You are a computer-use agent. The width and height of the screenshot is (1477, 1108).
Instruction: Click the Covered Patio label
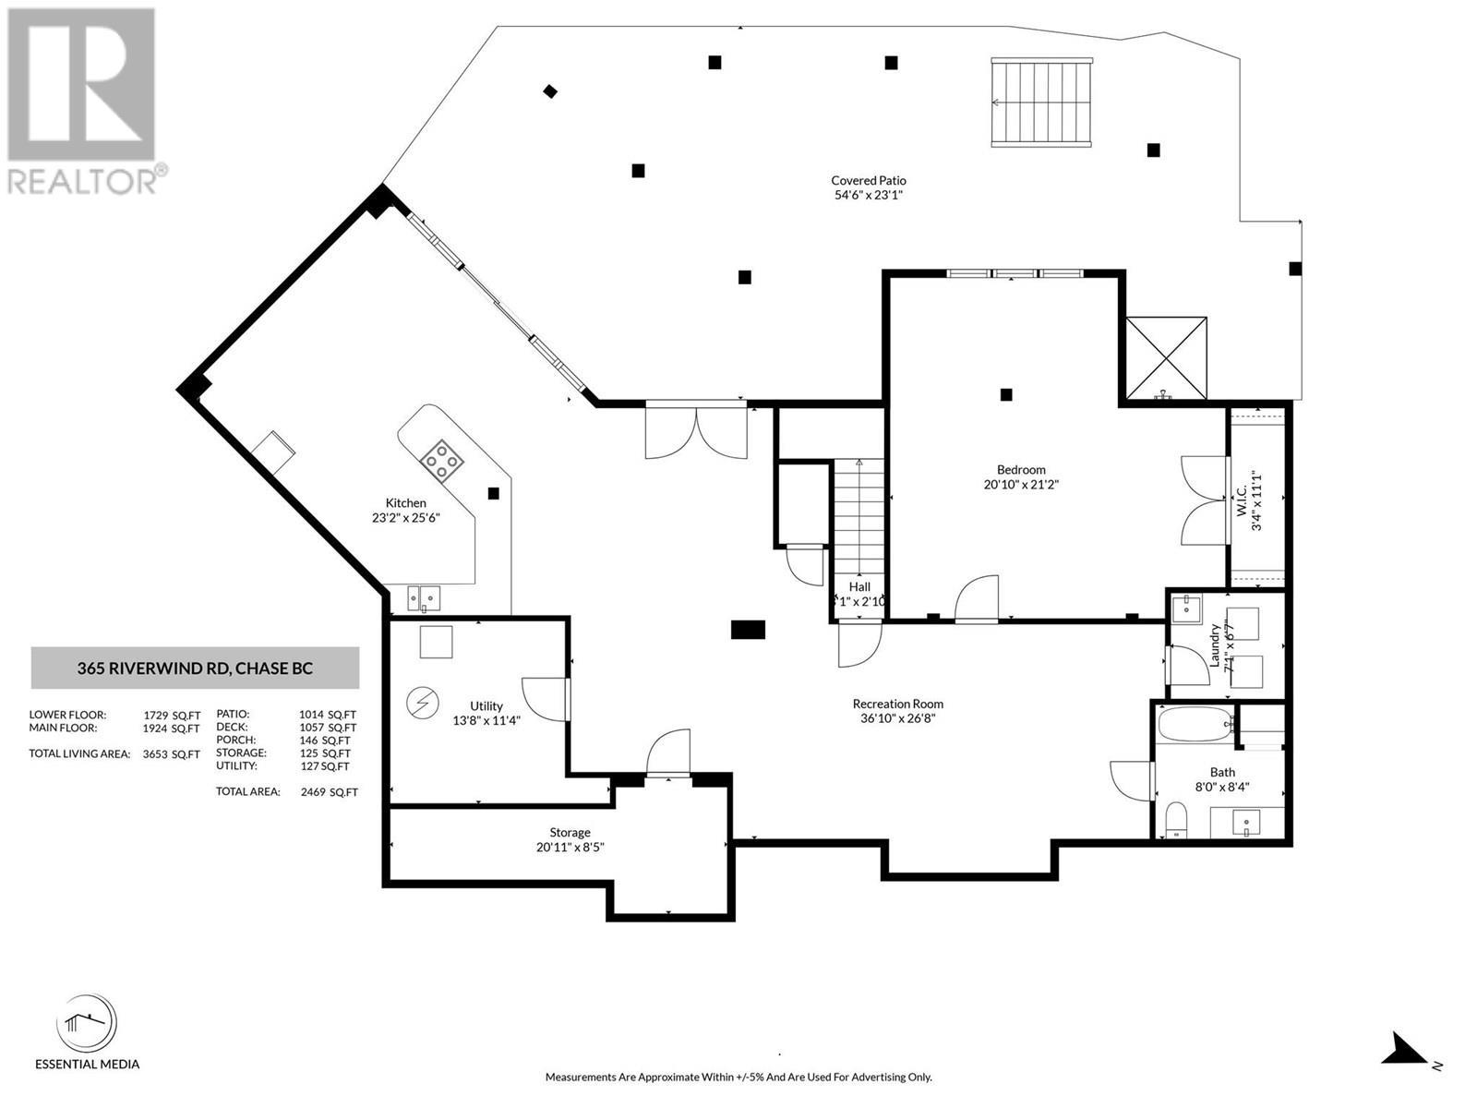pos(868,181)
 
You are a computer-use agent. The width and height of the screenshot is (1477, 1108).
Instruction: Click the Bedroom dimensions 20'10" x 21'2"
pos(1020,484)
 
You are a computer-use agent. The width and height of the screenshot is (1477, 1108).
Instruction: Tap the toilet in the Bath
pos(1176,820)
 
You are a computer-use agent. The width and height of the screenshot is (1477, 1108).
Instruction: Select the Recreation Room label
pos(897,704)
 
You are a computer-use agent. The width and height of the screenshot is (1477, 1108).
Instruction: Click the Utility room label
pos(486,706)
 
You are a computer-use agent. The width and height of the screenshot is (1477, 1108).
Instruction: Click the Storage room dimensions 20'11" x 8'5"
pos(570,847)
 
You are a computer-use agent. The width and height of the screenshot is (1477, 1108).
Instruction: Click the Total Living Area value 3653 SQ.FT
pos(171,754)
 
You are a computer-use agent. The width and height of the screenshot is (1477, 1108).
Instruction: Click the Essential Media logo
pos(87,1025)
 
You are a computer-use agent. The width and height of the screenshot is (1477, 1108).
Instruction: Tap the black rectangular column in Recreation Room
pos(748,630)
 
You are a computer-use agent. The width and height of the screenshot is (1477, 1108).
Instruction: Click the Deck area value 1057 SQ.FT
pos(327,728)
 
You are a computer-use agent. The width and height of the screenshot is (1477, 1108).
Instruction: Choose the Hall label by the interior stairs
pos(859,586)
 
